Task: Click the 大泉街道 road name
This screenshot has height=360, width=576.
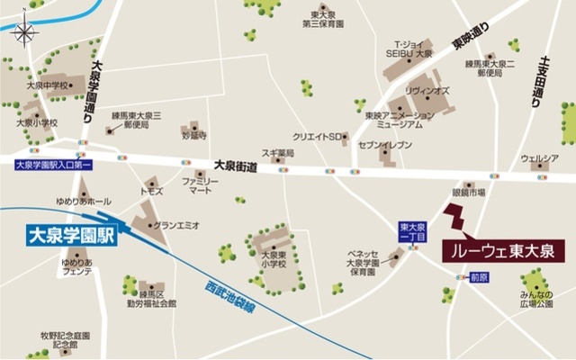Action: [x=236, y=166]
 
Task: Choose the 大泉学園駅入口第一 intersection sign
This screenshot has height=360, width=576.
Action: [x=54, y=166]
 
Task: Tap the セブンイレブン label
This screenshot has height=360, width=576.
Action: [x=384, y=144]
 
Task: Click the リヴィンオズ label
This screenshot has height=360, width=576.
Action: [x=427, y=92]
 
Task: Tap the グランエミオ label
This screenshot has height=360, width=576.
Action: [x=176, y=225]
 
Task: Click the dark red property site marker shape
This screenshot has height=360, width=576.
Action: [x=456, y=219]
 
